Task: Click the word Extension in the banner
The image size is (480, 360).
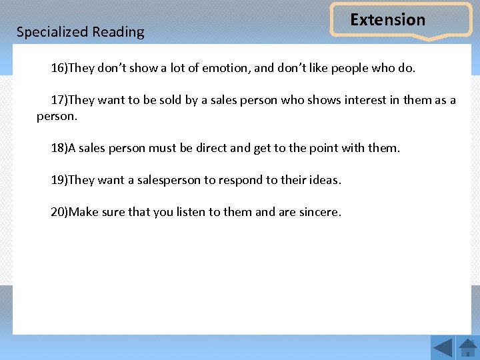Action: (x=387, y=20)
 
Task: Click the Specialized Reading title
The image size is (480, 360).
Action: (x=80, y=32)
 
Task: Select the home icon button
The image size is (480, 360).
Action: (x=468, y=347)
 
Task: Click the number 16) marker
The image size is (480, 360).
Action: (x=59, y=68)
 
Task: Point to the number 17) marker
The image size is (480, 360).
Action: (x=59, y=100)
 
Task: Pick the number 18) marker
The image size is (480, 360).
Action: (x=59, y=148)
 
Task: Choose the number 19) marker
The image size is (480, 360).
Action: (x=59, y=180)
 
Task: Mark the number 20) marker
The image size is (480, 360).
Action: (x=59, y=212)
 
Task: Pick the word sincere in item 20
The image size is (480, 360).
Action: (x=319, y=212)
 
